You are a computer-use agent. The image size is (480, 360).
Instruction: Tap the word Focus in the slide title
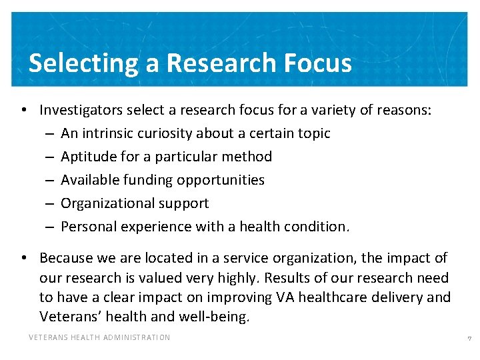coord(317,63)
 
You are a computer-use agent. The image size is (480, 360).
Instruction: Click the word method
coord(247,157)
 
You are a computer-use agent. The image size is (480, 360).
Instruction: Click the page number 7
coord(469,339)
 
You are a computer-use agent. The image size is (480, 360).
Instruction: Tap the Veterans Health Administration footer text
coord(99,337)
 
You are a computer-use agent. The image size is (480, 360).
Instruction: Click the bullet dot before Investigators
coord(23,110)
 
